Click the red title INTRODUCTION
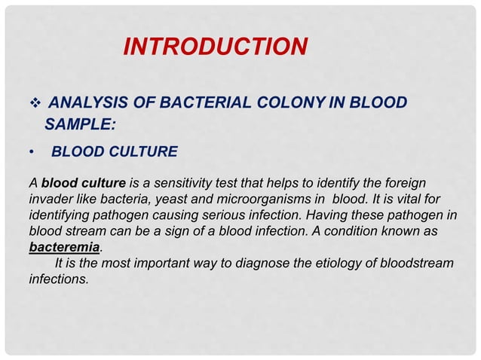(x=215, y=47)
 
